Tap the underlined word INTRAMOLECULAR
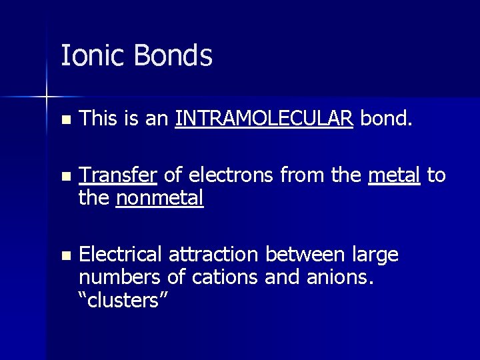[x=264, y=120]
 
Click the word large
[x=378, y=255]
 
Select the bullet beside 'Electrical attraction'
[x=65, y=255]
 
